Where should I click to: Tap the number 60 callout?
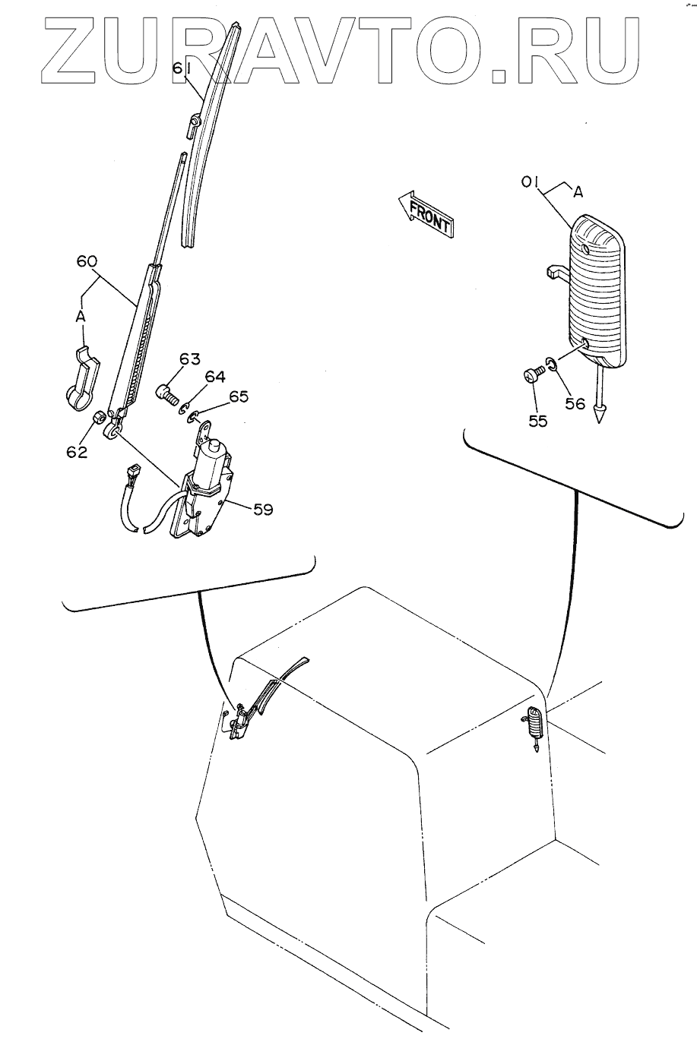click(x=87, y=261)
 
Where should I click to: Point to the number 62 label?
click(x=77, y=453)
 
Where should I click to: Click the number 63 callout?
click(x=189, y=359)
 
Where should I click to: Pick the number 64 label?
click(x=214, y=377)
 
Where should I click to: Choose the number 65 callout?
click(x=238, y=396)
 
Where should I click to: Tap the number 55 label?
click(x=537, y=421)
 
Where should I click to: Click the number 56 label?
click(x=575, y=404)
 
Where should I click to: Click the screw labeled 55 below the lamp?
click(x=532, y=374)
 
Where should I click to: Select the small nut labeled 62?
click(x=98, y=418)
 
